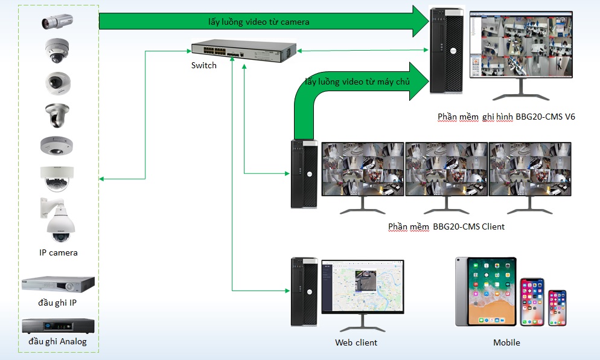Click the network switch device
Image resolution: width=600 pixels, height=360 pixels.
click(x=244, y=50)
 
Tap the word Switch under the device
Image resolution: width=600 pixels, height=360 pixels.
click(x=203, y=65)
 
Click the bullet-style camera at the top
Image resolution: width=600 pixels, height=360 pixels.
click(x=57, y=22)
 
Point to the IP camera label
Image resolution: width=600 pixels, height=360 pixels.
click(x=58, y=252)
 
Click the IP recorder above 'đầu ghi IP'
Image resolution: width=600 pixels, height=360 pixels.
click(x=58, y=284)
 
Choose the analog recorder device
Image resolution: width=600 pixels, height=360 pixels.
click(x=58, y=326)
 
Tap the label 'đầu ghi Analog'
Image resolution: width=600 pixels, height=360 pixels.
click(x=58, y=342)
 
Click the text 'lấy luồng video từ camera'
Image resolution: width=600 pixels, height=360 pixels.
click(x=259, y=22)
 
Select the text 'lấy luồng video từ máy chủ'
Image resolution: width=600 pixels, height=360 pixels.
click(x=357, y=82)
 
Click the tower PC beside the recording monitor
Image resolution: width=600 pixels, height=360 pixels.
click(x=446, y=51)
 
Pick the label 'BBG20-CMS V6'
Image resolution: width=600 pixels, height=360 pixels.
click(x=545, y=117)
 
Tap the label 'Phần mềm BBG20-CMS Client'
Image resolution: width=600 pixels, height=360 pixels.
click(x=446, y=227)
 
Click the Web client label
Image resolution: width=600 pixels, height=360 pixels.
click(x=356, y=342)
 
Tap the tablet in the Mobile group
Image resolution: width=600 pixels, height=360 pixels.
click(x=486, y=292)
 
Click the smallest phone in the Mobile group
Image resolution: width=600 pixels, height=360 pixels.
click(x=557, y=307)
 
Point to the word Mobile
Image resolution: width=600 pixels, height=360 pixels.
click(x=506, y=342)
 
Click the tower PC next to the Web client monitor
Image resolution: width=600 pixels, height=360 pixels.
click(x=304, y=292)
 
